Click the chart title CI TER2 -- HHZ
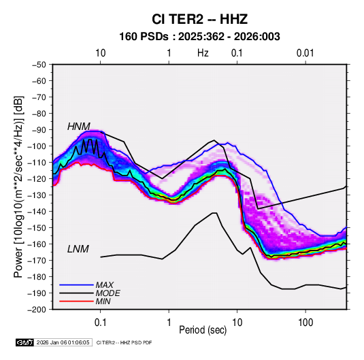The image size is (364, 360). coord(199,19)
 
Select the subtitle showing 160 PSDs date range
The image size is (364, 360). coord(199,37)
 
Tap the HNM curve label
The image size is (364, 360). coord(79,127)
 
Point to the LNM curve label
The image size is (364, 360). coord(78,249)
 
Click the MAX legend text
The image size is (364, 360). coord(105,284)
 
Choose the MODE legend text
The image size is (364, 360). coord(107,293)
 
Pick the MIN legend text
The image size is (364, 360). coord(103,301)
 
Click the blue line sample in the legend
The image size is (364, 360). coord(76,284)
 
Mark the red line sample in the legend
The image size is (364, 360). coord(76,301)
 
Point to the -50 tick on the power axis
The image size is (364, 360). coord(39,65)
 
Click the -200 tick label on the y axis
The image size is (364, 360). coord(37,310)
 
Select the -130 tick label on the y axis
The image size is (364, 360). coord(37,195)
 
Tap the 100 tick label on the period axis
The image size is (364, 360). coord(305,323)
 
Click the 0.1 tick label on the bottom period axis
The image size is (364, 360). coord(100,323)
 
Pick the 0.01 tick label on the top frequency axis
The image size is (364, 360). coord(305,53)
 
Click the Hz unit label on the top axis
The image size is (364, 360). coord(203,53)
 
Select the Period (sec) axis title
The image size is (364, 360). coord(203,330)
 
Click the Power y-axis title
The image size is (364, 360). coord(18,186)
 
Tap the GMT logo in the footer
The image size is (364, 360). coord(24,342)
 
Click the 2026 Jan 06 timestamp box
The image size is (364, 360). coord(63,342)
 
